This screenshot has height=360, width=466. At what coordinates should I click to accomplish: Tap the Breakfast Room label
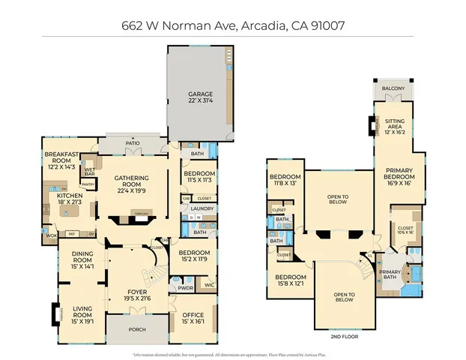[56, 157]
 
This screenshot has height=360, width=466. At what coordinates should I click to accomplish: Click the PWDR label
[186, 288]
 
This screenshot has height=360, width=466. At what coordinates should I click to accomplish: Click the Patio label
[133, 142]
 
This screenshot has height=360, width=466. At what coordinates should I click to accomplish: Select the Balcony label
[393, 88]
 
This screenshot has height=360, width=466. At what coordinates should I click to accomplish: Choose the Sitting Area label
[394, 124]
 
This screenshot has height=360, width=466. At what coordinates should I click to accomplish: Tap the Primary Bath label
[390, 275]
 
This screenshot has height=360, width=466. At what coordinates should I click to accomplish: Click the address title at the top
[232, 24]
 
